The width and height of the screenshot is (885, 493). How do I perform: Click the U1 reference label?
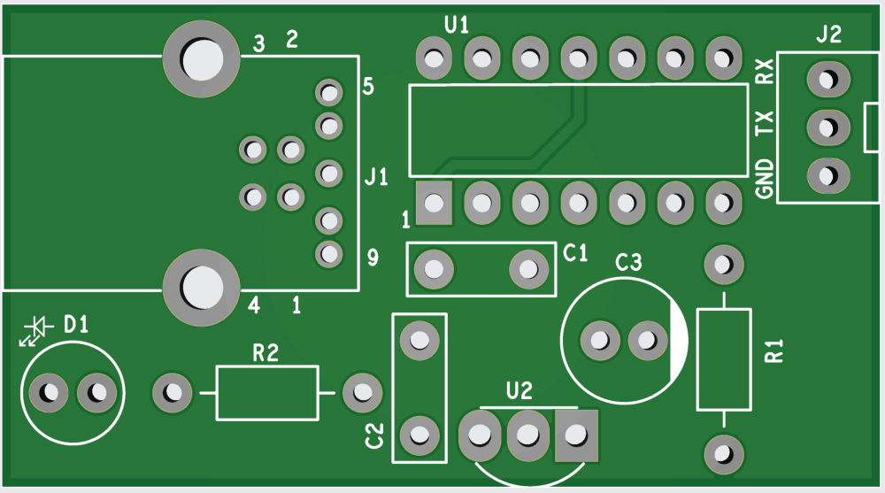[457, 25]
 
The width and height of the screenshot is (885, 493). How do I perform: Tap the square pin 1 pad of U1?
[434, 204]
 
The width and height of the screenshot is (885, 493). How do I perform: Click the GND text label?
[766, 180]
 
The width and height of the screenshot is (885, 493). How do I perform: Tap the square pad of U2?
[576, 435]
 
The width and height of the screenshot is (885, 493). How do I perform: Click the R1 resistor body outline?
[723, 359]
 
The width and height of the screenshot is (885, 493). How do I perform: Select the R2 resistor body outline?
[266, 392]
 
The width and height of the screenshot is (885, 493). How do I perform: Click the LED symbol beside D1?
[35, 330]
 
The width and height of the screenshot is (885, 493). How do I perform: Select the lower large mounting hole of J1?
[202, 286]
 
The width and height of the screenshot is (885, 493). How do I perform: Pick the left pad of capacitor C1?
[434, 266]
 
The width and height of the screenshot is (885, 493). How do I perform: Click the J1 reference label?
[376, 179]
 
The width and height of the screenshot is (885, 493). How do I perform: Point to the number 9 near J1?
[373, 258]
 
